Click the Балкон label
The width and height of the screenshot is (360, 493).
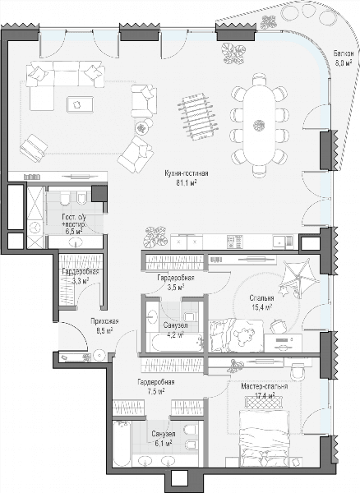[x=342, y=53]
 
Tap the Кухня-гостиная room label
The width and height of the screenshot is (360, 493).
[x=187, y=173]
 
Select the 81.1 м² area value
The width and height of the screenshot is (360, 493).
[x=187, y=183]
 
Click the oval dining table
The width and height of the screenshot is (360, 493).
[x=259, y=125]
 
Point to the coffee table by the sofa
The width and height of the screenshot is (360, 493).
[x=80, y=104]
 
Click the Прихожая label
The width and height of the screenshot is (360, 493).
[x=104, y=321]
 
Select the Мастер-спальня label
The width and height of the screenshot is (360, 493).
[x=264, y=386]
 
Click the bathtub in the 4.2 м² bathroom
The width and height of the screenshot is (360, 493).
[x=177, y=343]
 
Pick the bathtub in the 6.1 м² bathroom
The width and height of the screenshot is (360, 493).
[x=122, y=444]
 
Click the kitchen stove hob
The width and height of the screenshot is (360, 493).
[x=235, y=242]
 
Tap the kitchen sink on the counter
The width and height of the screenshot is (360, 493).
[x=283, y=242]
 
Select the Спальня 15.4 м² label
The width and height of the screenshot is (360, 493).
[x=261, y=302]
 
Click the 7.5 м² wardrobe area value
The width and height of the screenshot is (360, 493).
[x=156, y=392]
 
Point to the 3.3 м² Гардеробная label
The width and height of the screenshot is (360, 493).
[x=81, y=276]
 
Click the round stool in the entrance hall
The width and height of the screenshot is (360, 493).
[x=99, y=355]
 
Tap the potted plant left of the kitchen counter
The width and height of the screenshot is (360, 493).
[x=155, y=237]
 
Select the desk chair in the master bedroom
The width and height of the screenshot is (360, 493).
[x=298, y=372]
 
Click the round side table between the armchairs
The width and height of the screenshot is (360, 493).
[x=142, y=127]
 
